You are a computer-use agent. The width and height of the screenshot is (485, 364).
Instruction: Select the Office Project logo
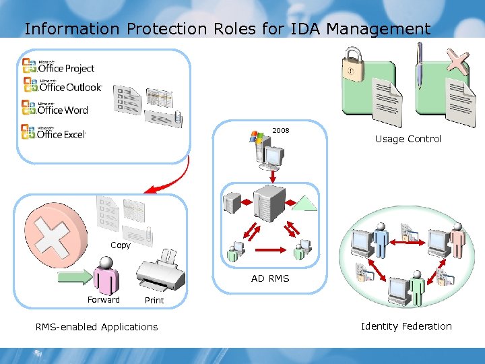pos(59,66)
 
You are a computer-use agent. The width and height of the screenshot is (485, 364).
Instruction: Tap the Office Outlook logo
pos(62,85)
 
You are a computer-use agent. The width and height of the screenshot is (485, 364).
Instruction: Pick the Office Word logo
pos(55,108)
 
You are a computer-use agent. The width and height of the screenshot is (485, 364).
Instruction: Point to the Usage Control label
pos(408,139)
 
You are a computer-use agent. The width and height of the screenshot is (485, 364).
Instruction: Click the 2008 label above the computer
pos(280,130)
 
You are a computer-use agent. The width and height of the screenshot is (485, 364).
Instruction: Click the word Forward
pos(104,300)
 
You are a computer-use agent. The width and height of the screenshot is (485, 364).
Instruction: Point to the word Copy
pos(121,245)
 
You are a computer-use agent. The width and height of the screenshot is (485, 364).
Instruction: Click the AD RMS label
pos(270,278)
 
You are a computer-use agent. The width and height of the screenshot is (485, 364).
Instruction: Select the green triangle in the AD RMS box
pos(306,202)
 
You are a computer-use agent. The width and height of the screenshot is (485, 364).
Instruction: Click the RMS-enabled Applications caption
pos(96,327)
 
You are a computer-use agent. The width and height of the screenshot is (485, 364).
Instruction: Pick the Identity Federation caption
pos(406,326)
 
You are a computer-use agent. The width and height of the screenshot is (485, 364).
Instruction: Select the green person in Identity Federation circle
pos(418,287)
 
